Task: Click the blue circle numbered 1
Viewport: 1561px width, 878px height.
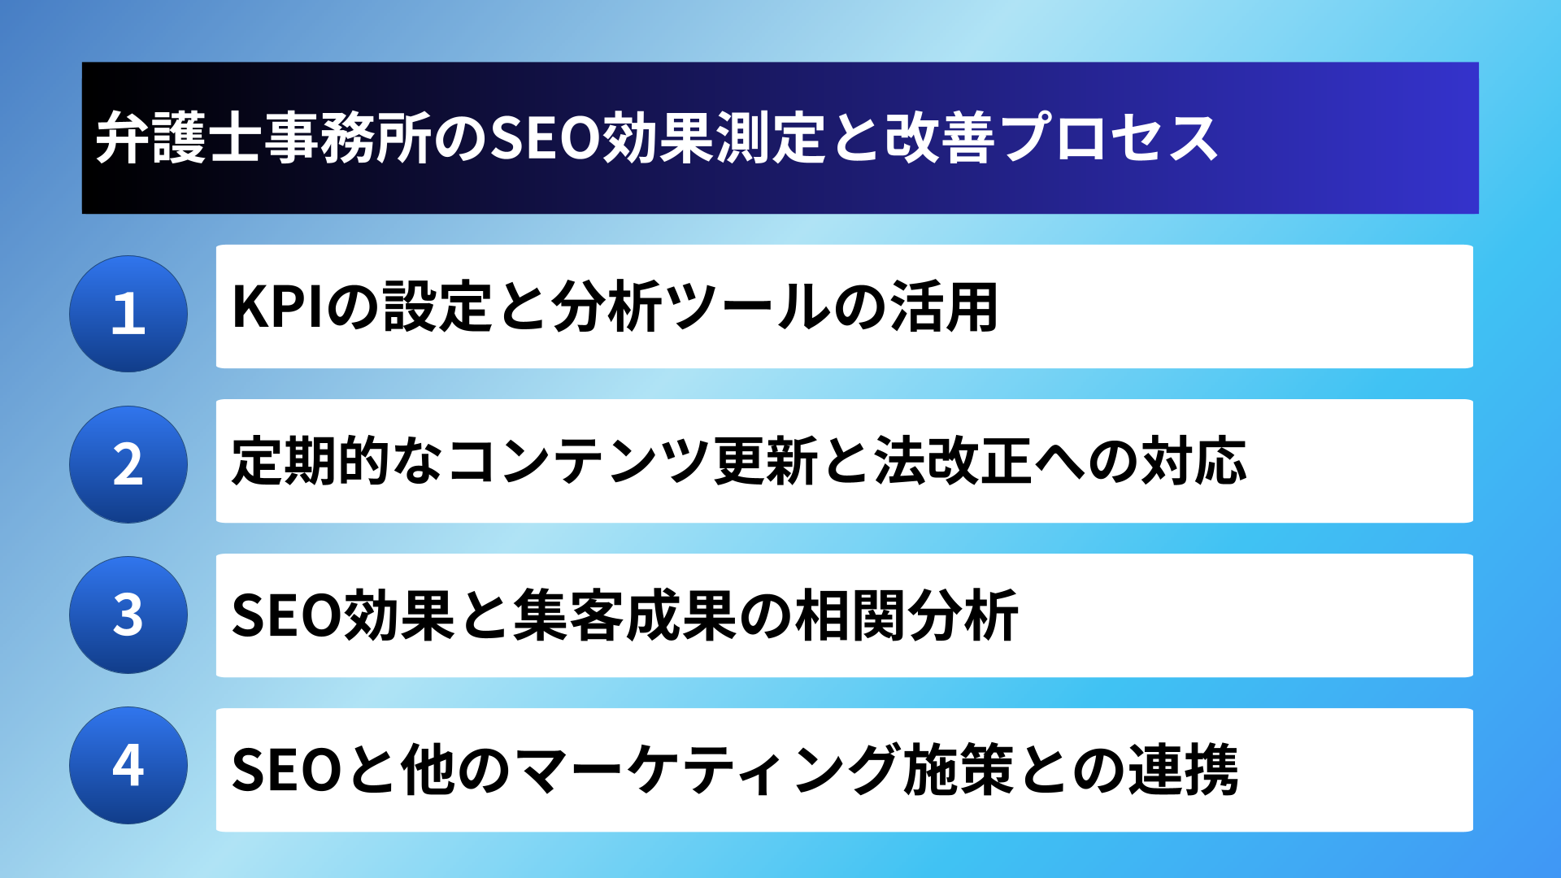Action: (x=128, y=314)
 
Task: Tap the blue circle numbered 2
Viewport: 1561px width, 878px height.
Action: (x=128, y=464)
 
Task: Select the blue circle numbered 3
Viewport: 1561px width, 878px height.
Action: (x=128, y=615)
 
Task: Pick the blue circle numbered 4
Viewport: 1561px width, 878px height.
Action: (x=128, y=765)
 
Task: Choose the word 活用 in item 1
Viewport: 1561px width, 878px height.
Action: (x=944, y=306)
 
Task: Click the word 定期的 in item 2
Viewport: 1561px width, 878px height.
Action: (x=311, y=461)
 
